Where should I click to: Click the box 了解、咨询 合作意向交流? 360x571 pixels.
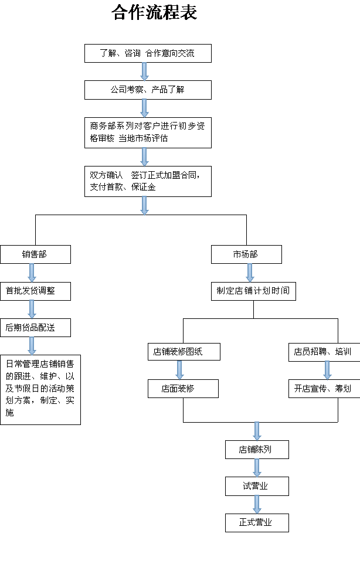tap(148, 54)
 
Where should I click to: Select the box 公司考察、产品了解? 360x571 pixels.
tap(148, 90)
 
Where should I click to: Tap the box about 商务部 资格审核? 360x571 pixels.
tap(148, 132)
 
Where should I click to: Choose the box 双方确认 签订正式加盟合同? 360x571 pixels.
tap(148, 181)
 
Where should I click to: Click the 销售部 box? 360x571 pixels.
tap(35, 254)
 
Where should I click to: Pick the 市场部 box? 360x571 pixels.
tap(246, 254)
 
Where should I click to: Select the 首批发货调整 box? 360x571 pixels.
tap(35, 290)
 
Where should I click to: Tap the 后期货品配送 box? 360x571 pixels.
tap(35, 327)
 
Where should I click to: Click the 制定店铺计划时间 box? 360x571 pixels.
tap(253, 291)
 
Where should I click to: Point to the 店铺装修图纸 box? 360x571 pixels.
tap(183, 352)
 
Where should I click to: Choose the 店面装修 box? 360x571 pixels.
tap(183, 388)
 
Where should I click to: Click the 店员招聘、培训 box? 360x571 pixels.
tap(323, 352)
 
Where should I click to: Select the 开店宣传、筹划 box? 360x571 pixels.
tap(323, 388)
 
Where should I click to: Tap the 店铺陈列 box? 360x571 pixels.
tap(257, 450)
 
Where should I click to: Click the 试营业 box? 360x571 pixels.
tap(257, 486)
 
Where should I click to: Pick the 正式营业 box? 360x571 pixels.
tap(257, 522)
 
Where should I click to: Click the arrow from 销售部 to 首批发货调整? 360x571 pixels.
tap(32, 272)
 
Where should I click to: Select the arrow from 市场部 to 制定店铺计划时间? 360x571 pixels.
tap(250, 272)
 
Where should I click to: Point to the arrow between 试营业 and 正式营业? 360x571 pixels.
tap(257, 504)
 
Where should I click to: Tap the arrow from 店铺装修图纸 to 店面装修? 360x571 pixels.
tap(180, 369)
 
